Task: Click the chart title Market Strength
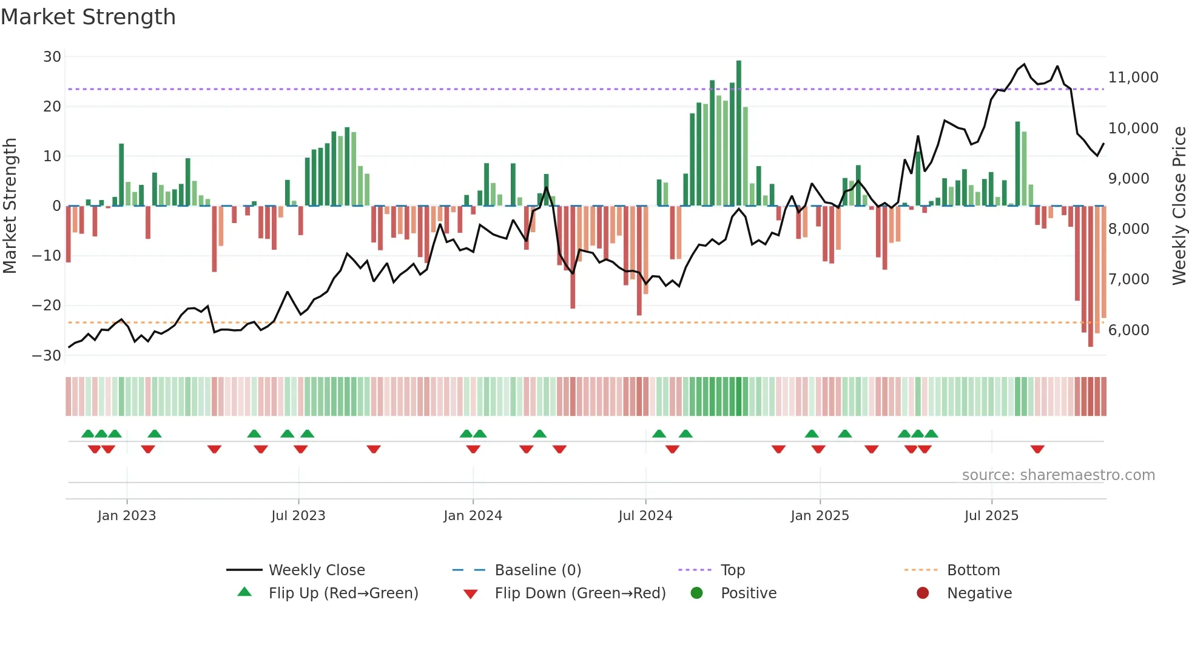(x=89, y=17)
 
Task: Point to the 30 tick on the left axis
(x=52, y=57)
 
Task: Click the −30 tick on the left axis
(x=47, y=356)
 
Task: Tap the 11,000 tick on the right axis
(x=1133, y=78)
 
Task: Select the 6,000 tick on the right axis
(x=1128, y=330)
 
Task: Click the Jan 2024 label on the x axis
(x=473, y=516)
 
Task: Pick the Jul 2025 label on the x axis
(x=991, y=516)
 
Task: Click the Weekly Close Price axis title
(x=1179, y=206)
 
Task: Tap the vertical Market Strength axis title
(x=10, y=206)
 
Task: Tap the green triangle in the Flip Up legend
(x=244, y=592)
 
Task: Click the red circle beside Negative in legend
(x=922, y=593)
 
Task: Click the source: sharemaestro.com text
(x=1058, y=475)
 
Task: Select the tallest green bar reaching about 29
(x=738, y=133)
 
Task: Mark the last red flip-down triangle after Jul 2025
(x=1037, y=449)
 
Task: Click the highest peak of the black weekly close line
(x=1024, y=64)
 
